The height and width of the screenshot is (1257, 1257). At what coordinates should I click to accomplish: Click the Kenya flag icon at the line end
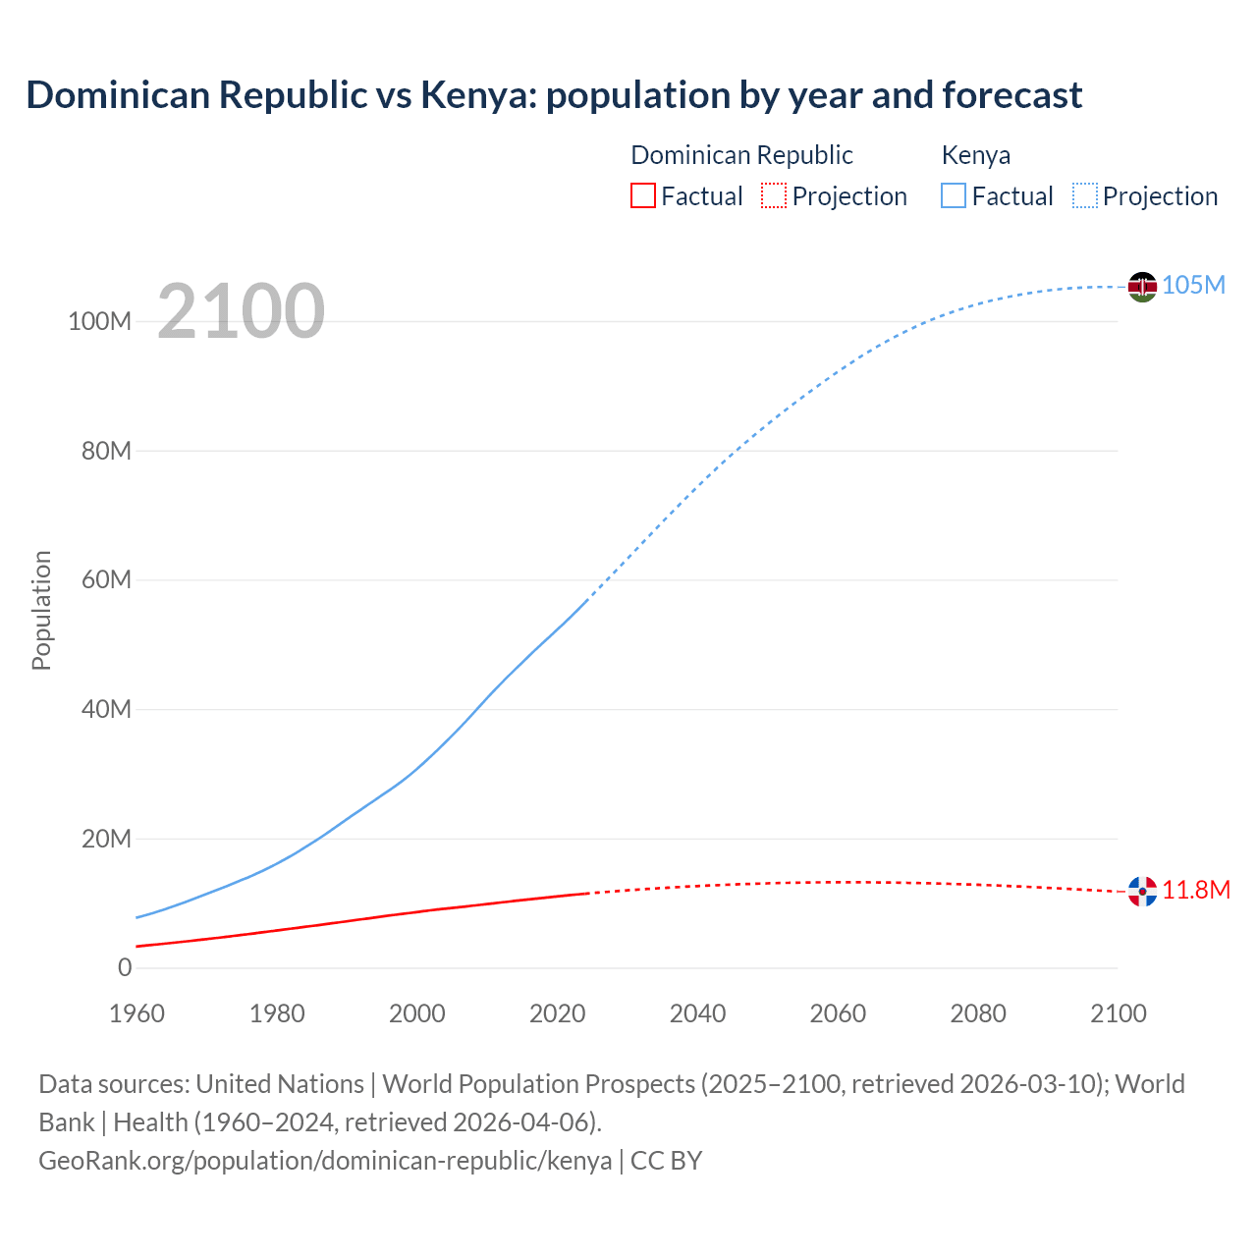tap(1142, 287)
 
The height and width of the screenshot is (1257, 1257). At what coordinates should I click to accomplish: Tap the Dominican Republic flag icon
tap(1142, 892)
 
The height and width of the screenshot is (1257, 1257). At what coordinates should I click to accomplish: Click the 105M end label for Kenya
tap(1193, 285)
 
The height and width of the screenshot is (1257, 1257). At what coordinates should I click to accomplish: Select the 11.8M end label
tap(1196, 890)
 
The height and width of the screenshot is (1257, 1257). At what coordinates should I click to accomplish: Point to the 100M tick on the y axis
tap(99, 321)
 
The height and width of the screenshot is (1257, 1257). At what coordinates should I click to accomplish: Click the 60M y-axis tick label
tap(106, 579)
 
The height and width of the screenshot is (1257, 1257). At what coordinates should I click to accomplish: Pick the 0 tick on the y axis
tap(125, 967)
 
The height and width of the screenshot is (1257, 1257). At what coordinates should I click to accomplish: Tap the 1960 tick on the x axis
tap(137, 1013)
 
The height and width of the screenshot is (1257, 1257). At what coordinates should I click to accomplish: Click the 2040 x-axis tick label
tap(697, 1013)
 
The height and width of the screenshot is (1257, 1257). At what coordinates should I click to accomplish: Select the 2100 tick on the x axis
tap(1118, 1013)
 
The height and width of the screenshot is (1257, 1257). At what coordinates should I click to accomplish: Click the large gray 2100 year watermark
tap(241, 311)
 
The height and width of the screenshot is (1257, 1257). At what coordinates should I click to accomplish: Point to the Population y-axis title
tap(41, 610)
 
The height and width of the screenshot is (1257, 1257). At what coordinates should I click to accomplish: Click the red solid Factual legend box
tap(642, 195)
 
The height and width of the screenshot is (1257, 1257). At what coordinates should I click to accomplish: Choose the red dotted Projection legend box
tap(774, 195)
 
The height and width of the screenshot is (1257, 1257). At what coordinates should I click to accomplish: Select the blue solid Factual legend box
tap(953, 195)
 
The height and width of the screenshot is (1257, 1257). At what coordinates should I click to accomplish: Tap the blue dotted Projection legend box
tap(1085, 195)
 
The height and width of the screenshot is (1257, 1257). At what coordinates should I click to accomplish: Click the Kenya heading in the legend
tap(975, 155)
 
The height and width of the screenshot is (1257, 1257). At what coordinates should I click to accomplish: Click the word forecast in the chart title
tap(1011, 95)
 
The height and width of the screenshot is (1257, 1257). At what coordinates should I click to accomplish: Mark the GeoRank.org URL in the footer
tap(325, 1160)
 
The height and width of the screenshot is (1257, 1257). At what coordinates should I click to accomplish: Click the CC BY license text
tap(666, 1160)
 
